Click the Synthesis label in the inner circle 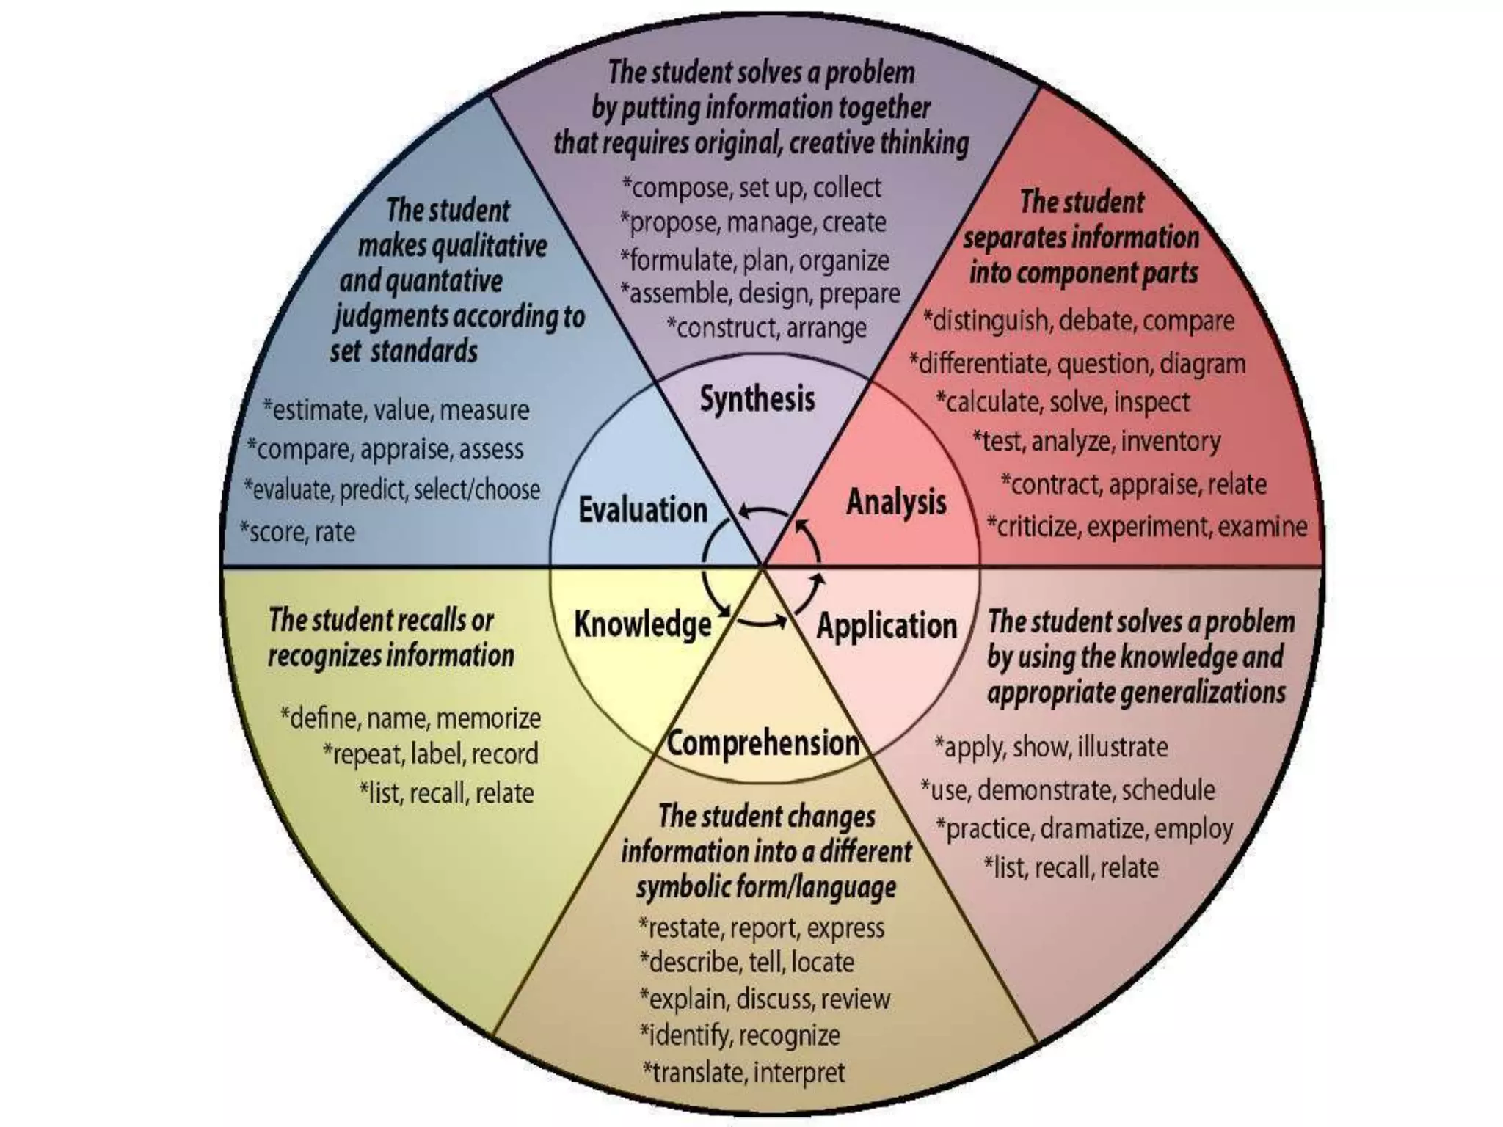[757, 399]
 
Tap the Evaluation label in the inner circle [642, 510]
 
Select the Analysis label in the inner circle [896, 503]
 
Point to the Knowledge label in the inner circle [642, 624]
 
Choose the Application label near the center [887, 626]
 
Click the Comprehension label [763, 743]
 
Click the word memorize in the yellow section [488, 718]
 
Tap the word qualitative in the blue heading [489, 246]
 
